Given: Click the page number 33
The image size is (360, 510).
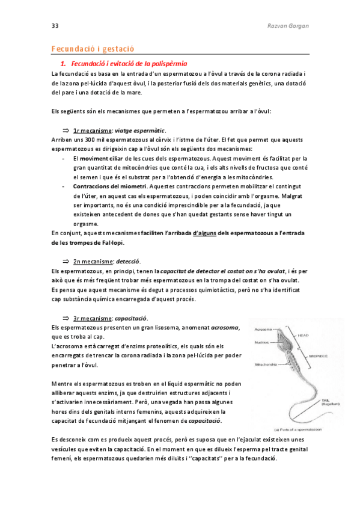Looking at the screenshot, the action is (x=55, y=26).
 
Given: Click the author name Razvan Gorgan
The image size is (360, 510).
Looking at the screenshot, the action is (x=287, y=26).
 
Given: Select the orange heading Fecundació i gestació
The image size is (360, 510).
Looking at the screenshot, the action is (x=93, y=48).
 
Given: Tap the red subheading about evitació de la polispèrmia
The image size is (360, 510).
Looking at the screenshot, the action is (x=129, y=63).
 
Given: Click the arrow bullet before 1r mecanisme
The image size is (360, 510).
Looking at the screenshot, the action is (x=67, y=131).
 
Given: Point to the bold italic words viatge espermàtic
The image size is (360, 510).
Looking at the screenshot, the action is (x=140, y=131).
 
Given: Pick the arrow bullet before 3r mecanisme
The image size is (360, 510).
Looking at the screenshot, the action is (x=67, y=318).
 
